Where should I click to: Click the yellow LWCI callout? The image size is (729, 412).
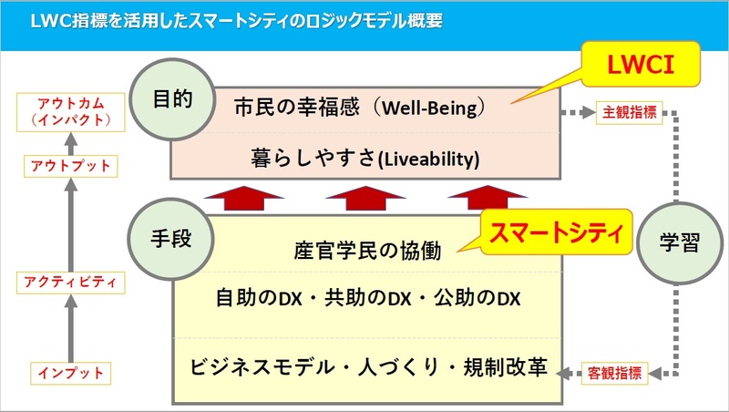click(641, 64)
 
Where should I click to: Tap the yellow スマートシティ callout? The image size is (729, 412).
click(556, 232)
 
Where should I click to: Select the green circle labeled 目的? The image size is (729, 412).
click(172, 99)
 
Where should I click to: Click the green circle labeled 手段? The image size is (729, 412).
click(170, 239)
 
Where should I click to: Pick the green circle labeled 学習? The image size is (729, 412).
click(679, 242)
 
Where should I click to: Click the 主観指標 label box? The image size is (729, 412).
click(629, 112)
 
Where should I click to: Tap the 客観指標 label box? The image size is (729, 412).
click(614, 373)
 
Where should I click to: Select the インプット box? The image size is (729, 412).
click(71, 373)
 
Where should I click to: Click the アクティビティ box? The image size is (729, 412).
click(71, 283)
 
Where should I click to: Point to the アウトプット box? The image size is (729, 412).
click(71, 166)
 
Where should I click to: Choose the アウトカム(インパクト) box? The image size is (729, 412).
click(71, 112)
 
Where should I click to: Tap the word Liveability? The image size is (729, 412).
click(428, 160)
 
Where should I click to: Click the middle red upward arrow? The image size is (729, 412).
click(365, 199)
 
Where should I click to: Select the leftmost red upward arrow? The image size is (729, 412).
click(244, 199)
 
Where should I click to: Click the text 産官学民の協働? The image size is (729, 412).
click(367, 251)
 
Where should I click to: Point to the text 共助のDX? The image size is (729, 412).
click(368, 298)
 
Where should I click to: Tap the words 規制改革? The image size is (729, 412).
click(506, 367)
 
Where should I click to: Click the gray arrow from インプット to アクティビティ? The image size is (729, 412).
click(71, 329)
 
